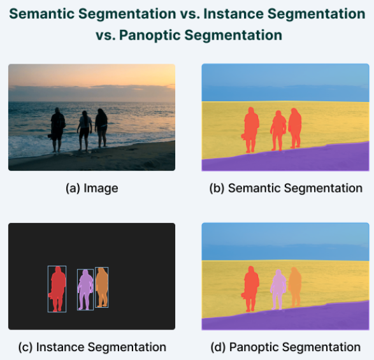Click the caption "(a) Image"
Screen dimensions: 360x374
click(x=92, y=189)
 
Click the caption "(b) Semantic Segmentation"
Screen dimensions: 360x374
click(x=285, y=189)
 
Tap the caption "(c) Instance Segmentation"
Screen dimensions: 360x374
click(x=92, y=347)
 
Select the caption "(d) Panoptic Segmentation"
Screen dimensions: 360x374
click(x=285, y=347)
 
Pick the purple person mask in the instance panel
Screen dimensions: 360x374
click(x=85, y=288)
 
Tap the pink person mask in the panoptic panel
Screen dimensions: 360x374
click(x=278, y=288)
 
